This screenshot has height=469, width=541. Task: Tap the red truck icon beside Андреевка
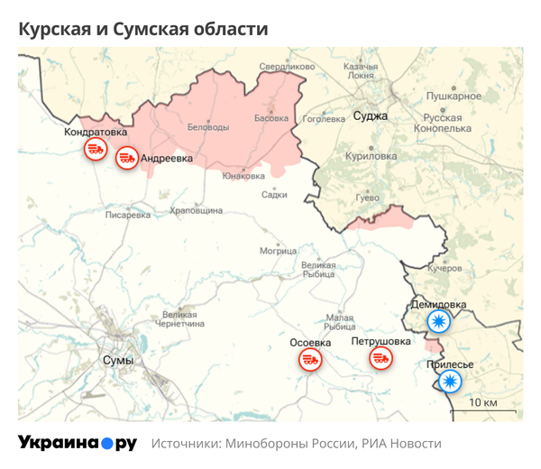(127, 159)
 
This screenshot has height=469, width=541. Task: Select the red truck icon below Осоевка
(309, 361)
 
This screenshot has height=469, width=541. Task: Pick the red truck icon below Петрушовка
(381, 359)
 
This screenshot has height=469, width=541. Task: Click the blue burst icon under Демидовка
(438, 322)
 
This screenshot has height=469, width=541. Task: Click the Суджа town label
(370, 116)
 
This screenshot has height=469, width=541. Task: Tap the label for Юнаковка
(243, 176)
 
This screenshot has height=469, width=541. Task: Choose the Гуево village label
(367, 197)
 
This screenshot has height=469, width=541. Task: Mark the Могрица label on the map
(278, 251)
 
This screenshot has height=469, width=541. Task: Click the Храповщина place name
(196, 210)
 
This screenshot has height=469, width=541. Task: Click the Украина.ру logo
(78, 443)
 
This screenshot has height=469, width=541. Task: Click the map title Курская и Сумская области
(142, 30)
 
